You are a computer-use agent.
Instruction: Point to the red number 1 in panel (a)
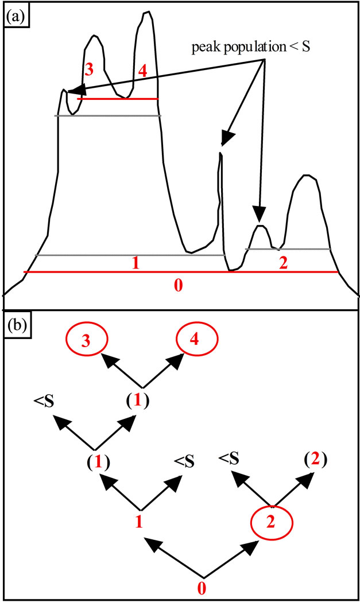click(x=136, y=263)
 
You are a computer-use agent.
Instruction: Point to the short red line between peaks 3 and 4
click(x=117, y=99)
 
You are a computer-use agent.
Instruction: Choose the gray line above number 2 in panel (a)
click(x=287, y=249)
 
